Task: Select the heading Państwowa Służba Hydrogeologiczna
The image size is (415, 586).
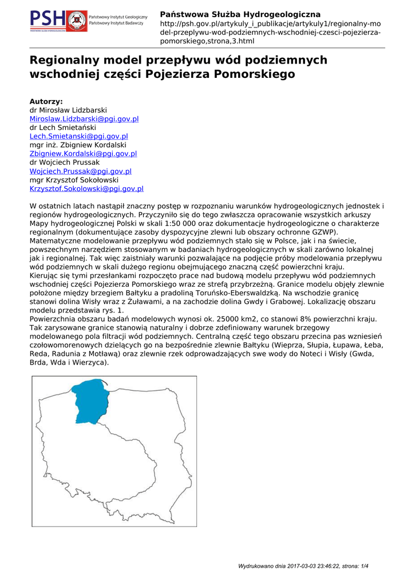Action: (x=240, y=14)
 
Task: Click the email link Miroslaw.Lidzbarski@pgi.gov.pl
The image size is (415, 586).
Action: (x=84, y=118)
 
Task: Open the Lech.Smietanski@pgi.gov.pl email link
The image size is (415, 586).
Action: (x=78, y=136)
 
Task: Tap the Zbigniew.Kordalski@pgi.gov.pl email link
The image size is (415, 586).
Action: (x=83, y=153)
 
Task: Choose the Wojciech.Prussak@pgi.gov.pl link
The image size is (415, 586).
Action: (x=81, y=171)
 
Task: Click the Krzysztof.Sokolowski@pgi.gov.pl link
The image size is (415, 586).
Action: (x=86, y=188)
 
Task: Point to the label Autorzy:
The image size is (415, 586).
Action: (x=46, y=101)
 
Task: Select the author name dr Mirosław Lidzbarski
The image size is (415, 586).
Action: (x=68, y=110)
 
